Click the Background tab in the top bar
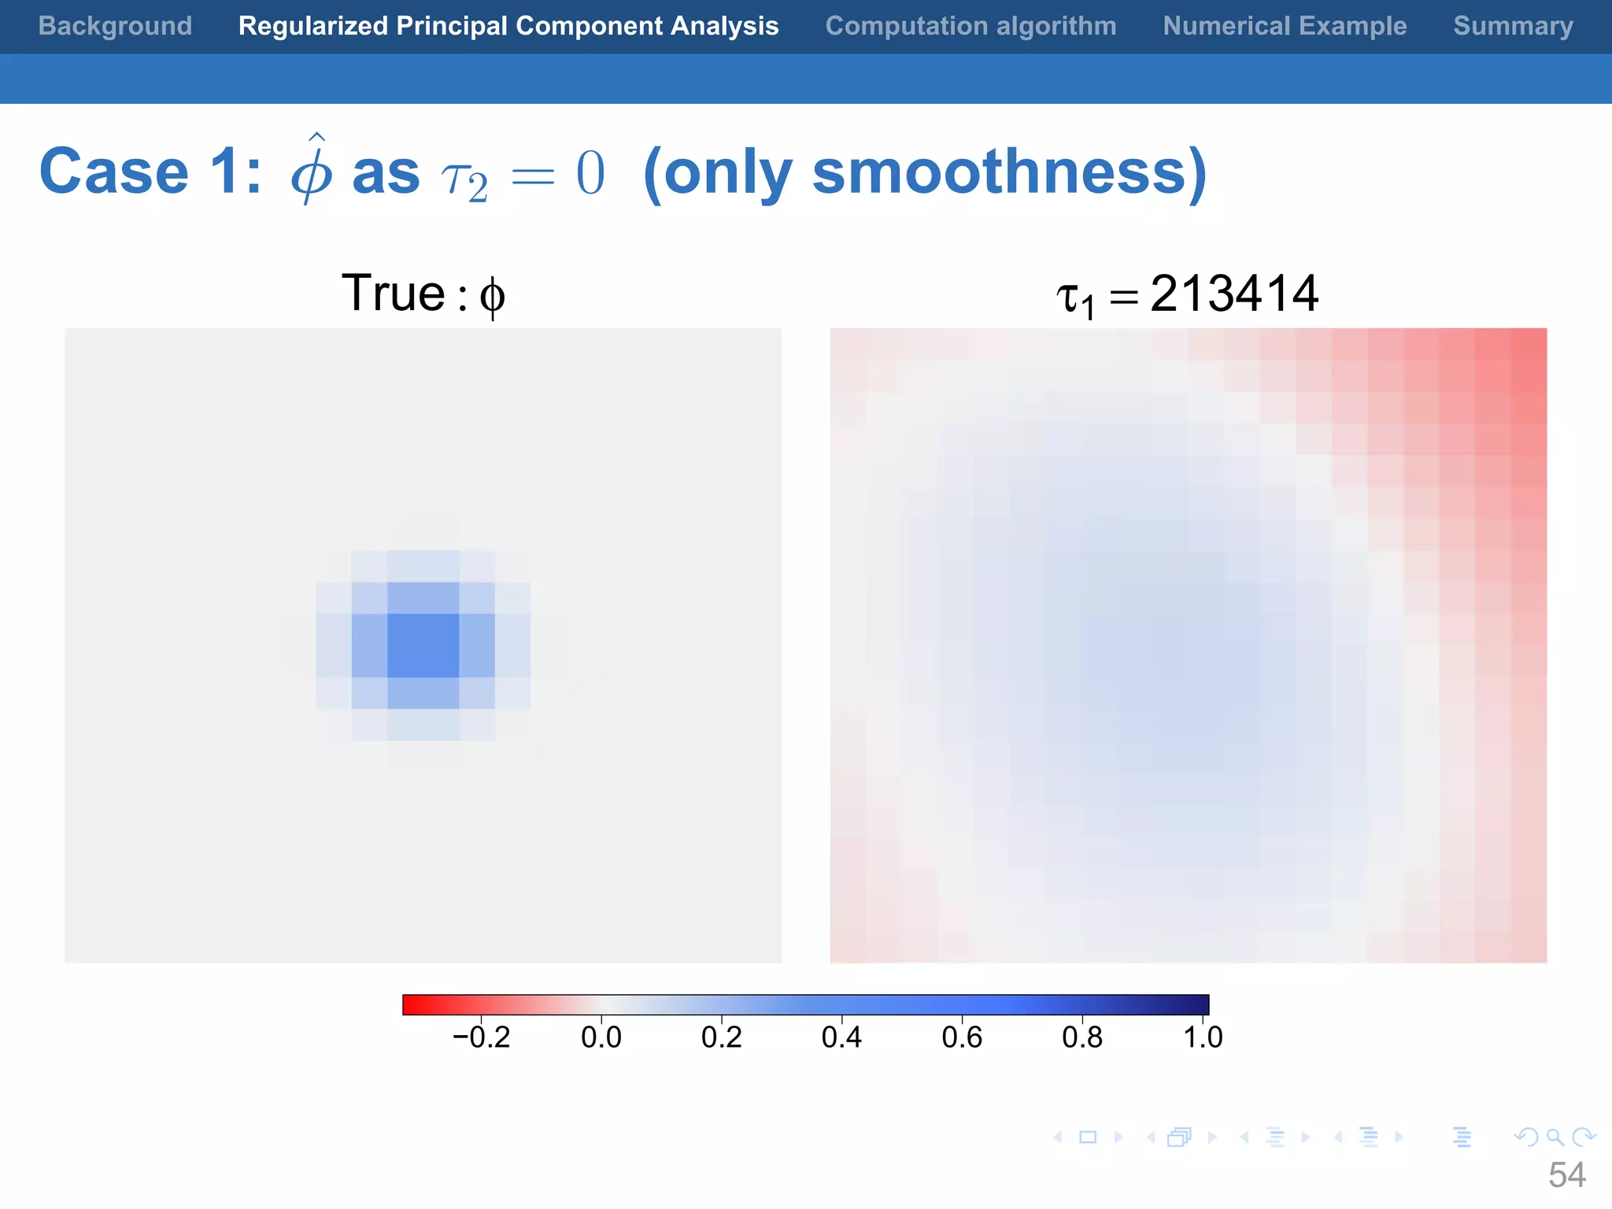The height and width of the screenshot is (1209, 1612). click(115, 26)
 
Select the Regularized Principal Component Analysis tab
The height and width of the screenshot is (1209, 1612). click(508, 26)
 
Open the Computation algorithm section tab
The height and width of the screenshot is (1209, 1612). click(971, 26)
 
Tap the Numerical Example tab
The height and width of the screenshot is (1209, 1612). click(1285, 26)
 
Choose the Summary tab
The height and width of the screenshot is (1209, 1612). click(1513, 26)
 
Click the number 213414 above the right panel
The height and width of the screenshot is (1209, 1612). click(1233, 294)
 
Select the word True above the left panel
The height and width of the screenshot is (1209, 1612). click(394, 294)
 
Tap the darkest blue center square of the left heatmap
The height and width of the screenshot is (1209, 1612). click(423, 645)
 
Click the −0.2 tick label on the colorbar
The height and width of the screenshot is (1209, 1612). click(481, 1037)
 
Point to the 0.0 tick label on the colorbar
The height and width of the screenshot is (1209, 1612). click(601, 1037)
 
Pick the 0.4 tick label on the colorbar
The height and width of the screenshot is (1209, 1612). click(841, 1037)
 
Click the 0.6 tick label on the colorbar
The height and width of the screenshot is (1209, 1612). click(962, 1037)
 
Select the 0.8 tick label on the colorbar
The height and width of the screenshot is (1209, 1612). click(1082, 1037)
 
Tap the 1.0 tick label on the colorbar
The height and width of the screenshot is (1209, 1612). click(1203, 1037)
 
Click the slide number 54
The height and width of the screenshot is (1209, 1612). click(1566, 1175)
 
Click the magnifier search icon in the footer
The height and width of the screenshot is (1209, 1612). click(1555, 1137)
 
